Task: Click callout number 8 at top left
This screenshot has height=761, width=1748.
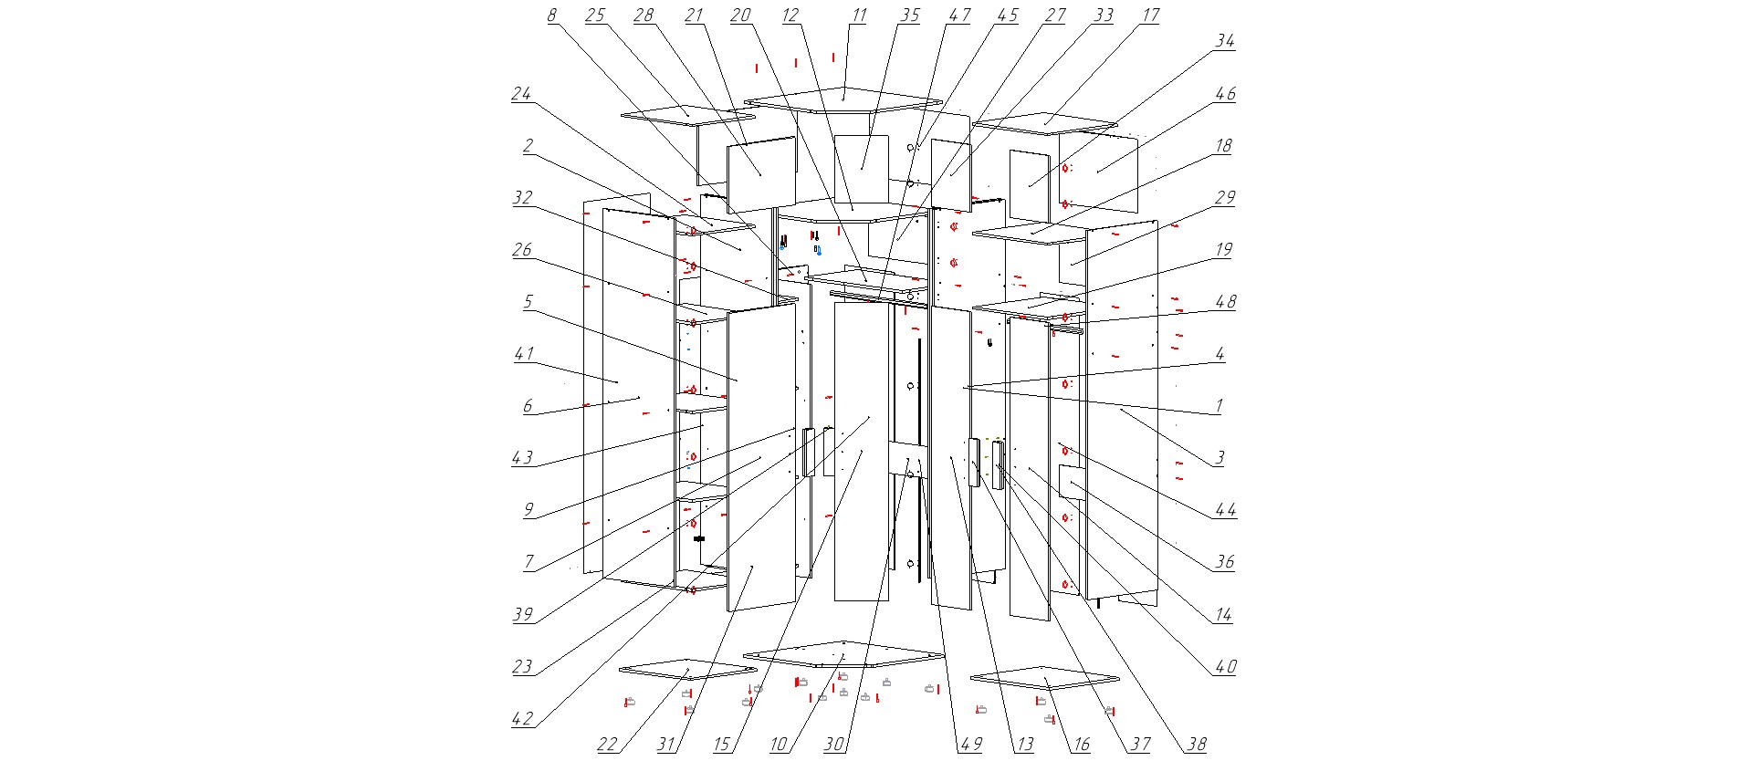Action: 551,16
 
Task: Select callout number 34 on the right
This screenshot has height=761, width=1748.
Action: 1224,41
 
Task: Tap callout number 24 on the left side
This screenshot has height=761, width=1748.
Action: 520,93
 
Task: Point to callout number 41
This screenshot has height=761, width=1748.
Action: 523,354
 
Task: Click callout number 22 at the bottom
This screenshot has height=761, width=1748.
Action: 607,745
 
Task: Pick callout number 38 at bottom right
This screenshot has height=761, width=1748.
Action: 1196,745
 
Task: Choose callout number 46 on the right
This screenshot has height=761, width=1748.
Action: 1225,93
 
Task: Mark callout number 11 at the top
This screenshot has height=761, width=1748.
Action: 858,16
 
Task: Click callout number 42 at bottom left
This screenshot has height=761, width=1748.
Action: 521,719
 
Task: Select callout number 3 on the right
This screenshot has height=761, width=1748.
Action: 1219,458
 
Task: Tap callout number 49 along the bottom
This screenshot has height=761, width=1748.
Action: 970,745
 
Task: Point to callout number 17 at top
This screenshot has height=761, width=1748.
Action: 1150,16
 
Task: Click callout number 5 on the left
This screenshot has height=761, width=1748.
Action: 527,302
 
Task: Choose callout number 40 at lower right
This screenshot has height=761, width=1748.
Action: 1225,667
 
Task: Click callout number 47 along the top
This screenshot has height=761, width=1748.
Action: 958,16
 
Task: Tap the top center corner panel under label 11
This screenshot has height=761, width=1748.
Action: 843,99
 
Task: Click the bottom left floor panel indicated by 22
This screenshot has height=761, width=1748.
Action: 686,669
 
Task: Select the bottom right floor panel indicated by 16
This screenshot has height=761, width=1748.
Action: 1044,678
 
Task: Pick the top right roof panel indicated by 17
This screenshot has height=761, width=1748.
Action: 1044,122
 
